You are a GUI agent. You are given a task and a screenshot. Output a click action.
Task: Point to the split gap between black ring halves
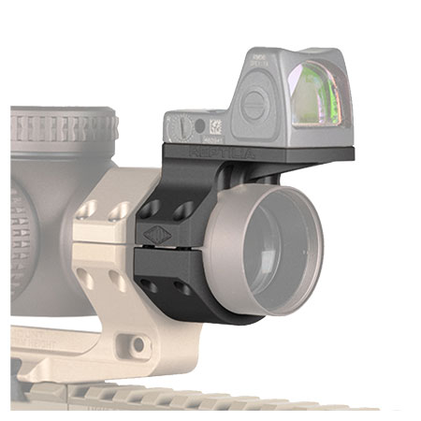coord(173,249)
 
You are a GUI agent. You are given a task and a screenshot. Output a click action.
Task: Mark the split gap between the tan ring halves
coord(103,246)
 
